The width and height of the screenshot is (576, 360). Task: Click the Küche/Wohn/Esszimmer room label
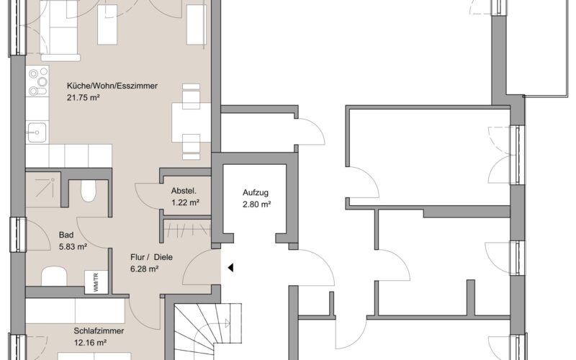tap(112, 86)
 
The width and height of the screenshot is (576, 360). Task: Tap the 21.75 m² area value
tap(84, 98)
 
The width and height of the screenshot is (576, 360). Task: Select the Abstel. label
tap(184, 191)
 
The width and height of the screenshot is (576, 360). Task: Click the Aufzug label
tap(256, 192)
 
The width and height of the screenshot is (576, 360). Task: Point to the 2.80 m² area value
tap(257, 204)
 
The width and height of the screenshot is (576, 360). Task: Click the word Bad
tap(66, 235)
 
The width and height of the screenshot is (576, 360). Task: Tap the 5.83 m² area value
tap(73, 247)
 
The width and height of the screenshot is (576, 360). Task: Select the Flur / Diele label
tap(151, 257)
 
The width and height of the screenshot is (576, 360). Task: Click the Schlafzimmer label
tap(99, 331)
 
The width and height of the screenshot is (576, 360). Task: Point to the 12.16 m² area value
tap(90, 343)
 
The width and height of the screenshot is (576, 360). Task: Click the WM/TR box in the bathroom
tap(96, 282)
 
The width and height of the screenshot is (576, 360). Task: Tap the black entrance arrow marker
tap(230, 268)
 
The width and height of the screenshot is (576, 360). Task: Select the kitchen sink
tap(37, 132)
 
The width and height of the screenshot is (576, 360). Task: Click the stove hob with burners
tap(37, 81)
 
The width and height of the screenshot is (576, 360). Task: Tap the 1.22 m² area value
tap(185, 203)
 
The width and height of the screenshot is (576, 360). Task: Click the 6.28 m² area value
tap(145, 269)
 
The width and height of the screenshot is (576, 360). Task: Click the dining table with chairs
tap(191, 122)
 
